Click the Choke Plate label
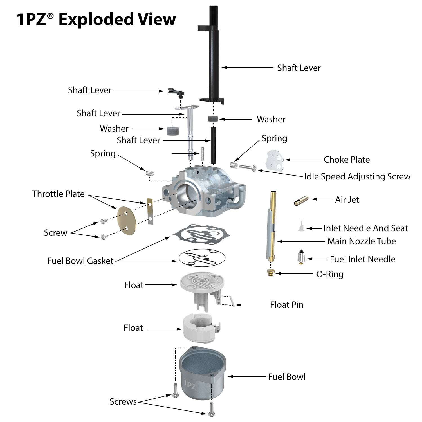347,160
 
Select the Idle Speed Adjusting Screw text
357,176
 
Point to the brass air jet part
301,201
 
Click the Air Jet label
347,199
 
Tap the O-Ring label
330,274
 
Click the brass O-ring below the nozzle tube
271,273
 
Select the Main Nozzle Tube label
362,241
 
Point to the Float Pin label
287,305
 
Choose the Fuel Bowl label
287,377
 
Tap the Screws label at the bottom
123,401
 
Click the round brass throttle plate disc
126,221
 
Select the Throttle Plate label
58,194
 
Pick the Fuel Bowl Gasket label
80,261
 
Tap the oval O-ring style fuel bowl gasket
202,258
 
